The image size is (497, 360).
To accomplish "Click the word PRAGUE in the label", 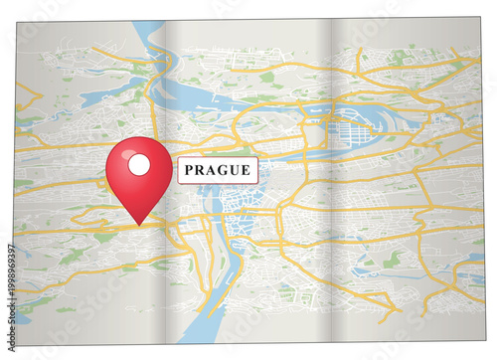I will (x=218, y=170).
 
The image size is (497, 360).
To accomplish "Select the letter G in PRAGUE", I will (x=223, y=170).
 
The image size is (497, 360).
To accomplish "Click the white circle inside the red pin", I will (x=139, y=164).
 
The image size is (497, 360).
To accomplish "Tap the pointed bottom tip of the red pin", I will (x=139, y=224).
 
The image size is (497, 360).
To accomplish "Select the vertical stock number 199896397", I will (x=10, y=270).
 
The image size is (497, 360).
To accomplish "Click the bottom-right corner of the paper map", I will (x=483, y=344).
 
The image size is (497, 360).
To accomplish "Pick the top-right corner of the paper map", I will (x=483, y=17).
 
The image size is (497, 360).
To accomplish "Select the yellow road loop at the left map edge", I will (x=28, y=99).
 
